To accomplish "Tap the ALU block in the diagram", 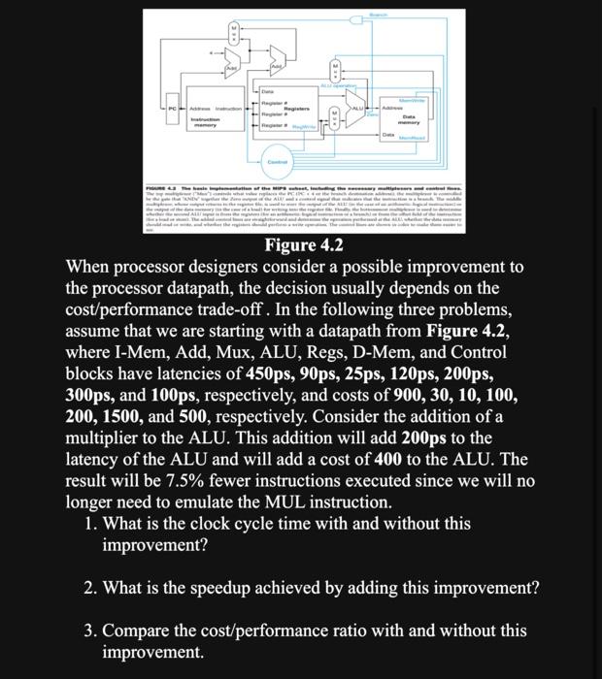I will tap(357, 106).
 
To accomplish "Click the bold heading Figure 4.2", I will tap(304, 244).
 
